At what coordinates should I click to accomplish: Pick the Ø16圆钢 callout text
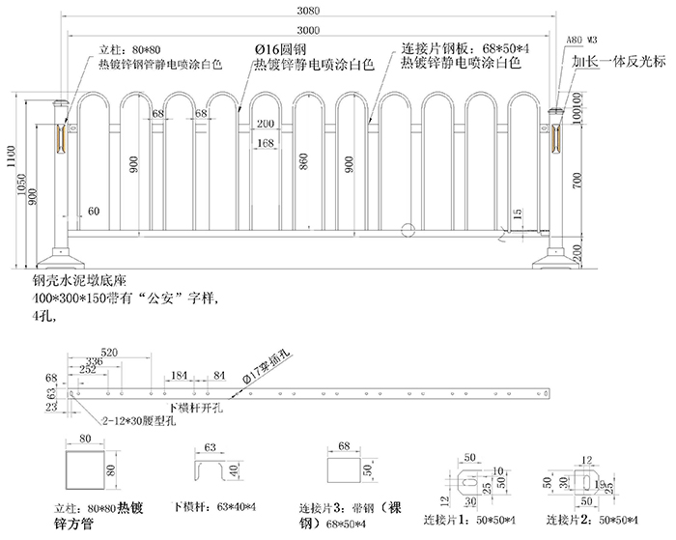click(280, 48)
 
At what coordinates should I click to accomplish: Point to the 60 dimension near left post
click(93, 210)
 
